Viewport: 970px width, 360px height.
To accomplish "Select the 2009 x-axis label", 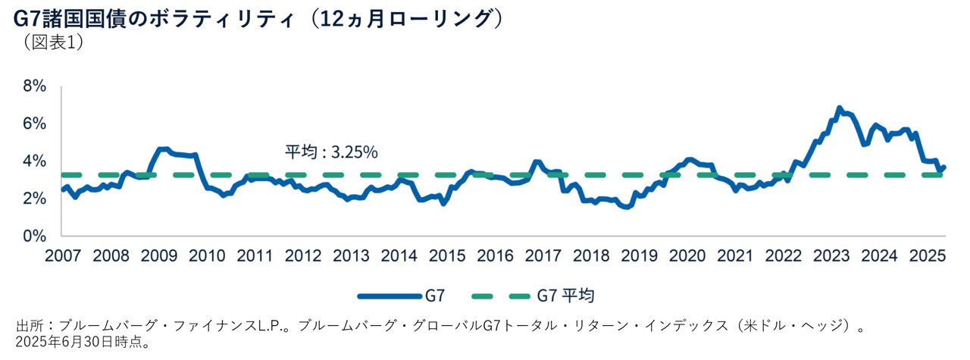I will (158, 254).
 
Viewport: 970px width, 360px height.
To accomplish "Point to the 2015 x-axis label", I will (448, 254).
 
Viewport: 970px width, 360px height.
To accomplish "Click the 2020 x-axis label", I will (689, 254).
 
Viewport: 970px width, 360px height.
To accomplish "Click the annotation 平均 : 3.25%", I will (331, 152).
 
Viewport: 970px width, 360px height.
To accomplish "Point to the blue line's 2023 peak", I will (839, 108).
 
